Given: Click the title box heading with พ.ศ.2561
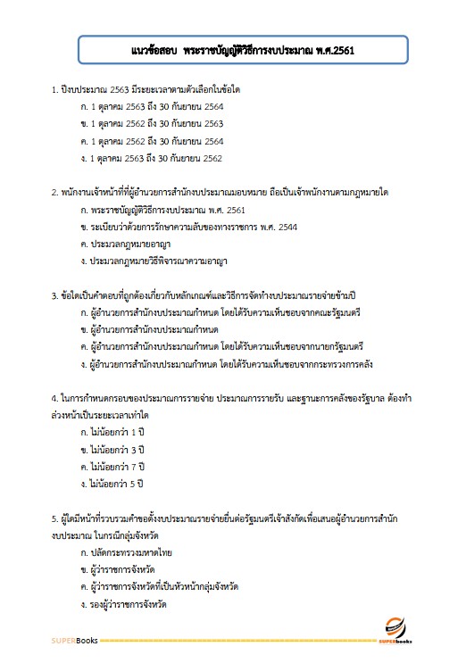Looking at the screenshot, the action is pos(242,51).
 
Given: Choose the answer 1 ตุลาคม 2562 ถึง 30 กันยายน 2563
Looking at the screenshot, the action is pos(151,124).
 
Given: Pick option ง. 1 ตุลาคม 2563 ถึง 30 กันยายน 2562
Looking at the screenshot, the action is pos(151,158).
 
